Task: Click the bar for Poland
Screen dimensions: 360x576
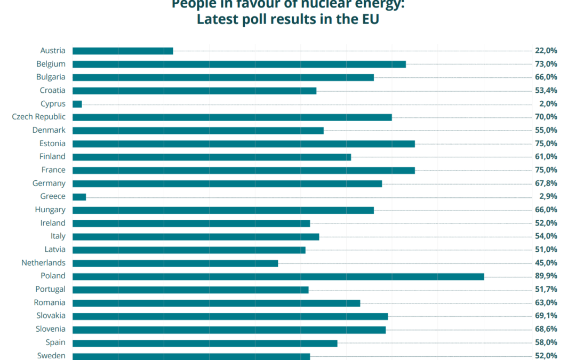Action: point(278,276)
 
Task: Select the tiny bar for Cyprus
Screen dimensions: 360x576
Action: point(77,104)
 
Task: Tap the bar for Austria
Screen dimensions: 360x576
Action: point(123,51)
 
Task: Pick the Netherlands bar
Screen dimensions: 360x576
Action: point(175,263)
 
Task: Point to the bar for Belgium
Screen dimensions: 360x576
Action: point(239,64)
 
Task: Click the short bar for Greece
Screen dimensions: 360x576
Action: point(79,197)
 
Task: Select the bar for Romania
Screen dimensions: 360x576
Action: point(216,303)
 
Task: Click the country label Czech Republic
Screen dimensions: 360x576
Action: point(39,117)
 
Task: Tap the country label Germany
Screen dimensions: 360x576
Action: point(49,183)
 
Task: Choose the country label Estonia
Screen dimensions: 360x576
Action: point(52,143)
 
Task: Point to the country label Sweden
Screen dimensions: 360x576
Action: point(51,356)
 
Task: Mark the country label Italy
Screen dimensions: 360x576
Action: point(58,236)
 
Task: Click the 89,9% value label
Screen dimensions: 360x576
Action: point(546,276)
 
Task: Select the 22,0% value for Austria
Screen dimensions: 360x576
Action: point(546,51)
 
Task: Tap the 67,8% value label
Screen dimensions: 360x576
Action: point(546,183)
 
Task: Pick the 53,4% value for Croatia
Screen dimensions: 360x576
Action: point(546,91)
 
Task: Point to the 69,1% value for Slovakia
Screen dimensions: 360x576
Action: point(546,316)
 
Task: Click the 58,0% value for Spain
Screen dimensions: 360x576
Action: point(546,342)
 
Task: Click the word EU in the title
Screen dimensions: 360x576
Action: point(367,20)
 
